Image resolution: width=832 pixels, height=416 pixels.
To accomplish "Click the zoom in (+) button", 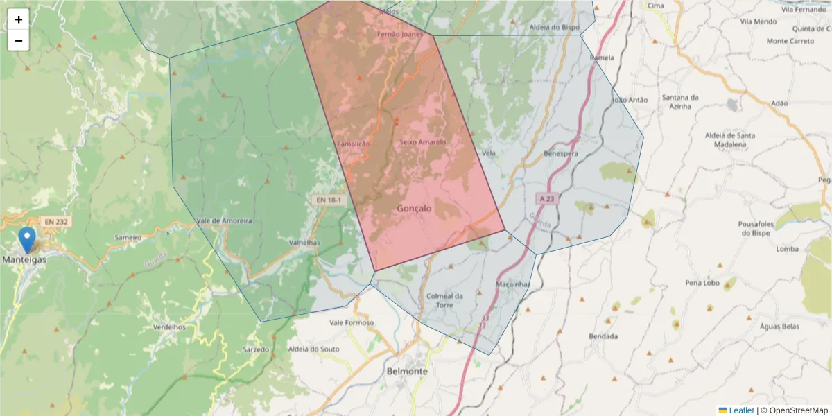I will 19,19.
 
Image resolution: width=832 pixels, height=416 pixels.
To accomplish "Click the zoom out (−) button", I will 19,40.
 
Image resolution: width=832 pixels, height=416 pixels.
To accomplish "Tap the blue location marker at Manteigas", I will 27,240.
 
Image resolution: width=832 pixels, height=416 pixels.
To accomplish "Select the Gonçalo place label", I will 415,208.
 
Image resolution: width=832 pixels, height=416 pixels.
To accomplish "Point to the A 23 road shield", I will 547,199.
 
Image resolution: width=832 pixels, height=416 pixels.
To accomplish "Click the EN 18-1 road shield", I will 328,200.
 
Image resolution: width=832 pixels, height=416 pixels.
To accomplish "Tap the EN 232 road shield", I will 55,221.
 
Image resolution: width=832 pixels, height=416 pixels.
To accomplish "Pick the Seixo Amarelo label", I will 422,142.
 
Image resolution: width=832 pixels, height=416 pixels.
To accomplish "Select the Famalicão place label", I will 354,143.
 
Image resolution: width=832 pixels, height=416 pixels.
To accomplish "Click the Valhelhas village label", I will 304,243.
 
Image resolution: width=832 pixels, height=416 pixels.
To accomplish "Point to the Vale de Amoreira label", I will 224,220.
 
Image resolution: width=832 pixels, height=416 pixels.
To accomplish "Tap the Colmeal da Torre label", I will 444,300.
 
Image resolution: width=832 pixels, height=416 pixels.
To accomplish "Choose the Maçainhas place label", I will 513,284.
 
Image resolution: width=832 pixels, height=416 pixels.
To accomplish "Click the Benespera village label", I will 561,153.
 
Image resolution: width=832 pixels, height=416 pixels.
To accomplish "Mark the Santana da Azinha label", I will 680,101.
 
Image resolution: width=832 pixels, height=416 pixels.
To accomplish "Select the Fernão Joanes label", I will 399,33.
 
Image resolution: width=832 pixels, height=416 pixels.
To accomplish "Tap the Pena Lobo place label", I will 702,283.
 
